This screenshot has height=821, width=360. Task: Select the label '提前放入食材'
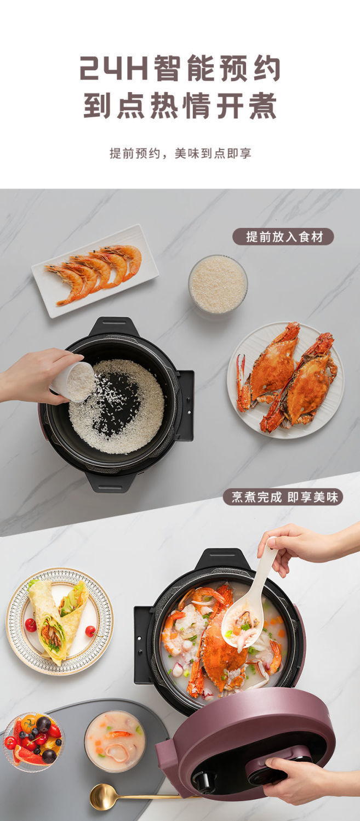click(283, 237)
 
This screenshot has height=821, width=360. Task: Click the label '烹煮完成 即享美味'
click(283, 497)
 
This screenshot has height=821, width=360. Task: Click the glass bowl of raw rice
click(218, 284)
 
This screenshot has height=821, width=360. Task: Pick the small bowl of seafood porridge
click(115, 740)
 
